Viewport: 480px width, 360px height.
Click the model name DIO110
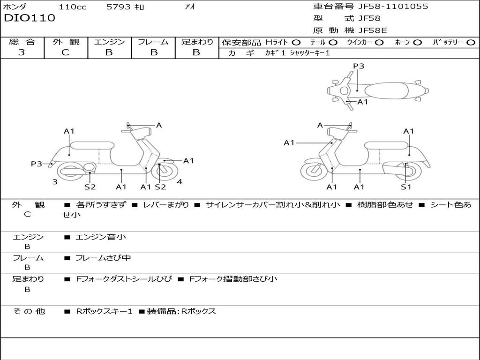click(x=30, y=18)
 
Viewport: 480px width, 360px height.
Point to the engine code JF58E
click(x=373, y=30)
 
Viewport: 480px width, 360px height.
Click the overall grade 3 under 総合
click(x=22, y=52)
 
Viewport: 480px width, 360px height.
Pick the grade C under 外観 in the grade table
click(x=66, y=52)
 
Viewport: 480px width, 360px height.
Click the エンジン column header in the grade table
click(x=109, y=42)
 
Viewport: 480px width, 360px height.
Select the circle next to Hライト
click(x=297, y=42)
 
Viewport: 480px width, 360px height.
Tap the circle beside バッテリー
click(x=470, y=42)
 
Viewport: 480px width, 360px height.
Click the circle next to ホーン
click(x=417, y=42)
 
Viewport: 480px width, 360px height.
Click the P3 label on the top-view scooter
click(x=359, y=66)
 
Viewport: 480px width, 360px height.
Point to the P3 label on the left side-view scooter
click(x=37, y=164)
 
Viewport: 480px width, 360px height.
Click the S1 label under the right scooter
click(x=406, y=187)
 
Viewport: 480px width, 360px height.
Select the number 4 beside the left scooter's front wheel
click(x=180, y=182)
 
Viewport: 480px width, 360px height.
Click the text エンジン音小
click(x=101, y=237)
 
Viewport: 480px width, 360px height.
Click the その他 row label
click(x=29, y=311)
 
